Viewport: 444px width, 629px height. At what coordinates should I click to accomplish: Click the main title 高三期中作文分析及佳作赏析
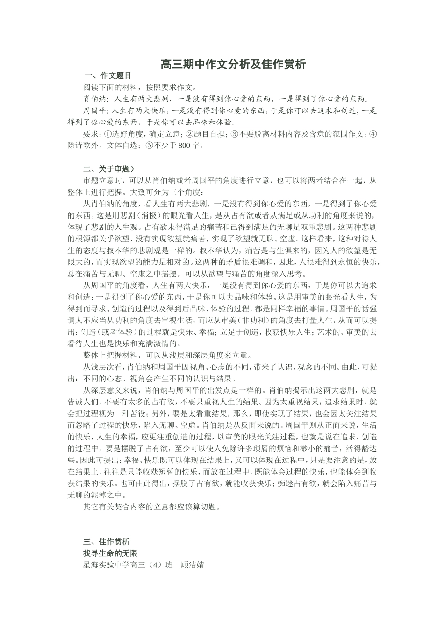(x=233, y=65)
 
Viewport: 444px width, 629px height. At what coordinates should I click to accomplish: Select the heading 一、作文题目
(x=108, y=75)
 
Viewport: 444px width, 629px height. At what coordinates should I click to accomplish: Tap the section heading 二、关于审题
(x=109, y=169)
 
